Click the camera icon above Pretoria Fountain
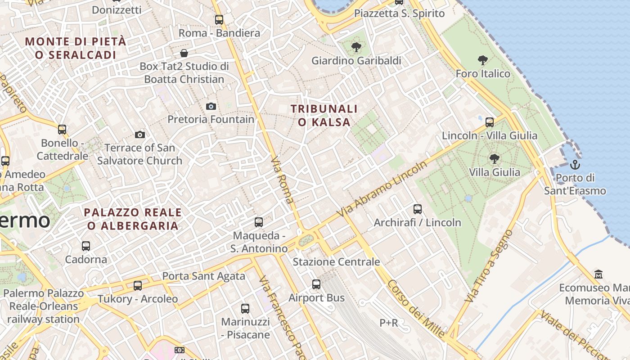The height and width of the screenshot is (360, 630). [x=211, y=107]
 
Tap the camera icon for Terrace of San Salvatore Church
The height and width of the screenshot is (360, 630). [x=140, y=135]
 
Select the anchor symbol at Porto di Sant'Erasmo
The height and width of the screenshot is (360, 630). [x=575, y=165]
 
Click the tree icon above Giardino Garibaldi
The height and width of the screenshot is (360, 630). [x=356, y=47]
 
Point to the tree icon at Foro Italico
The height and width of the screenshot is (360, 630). [x=483, y=60]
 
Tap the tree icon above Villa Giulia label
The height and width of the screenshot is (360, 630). [x=494, y=158]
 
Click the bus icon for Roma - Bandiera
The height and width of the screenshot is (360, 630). [x=219, y=20]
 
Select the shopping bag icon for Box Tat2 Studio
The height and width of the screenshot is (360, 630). [x=184, y=53]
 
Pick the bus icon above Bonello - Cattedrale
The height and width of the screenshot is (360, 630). [x=62, y=130]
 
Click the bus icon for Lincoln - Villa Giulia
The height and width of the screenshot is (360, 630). [x=490, y=122]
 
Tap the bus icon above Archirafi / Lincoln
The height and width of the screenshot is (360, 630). [x=418, y=209]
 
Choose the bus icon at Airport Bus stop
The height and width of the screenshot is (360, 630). [x=316, y=284]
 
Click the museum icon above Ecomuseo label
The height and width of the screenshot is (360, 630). [x=598, y=274]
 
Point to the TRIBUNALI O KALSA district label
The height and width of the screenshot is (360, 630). [x=324, y=115]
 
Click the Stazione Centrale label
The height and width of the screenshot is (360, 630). [x=336, y=262]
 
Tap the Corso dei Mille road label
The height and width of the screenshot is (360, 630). [x=416, y=309]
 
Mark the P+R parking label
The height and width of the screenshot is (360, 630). [x=388, y=323]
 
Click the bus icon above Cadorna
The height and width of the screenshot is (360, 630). [x=86, y=246]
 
